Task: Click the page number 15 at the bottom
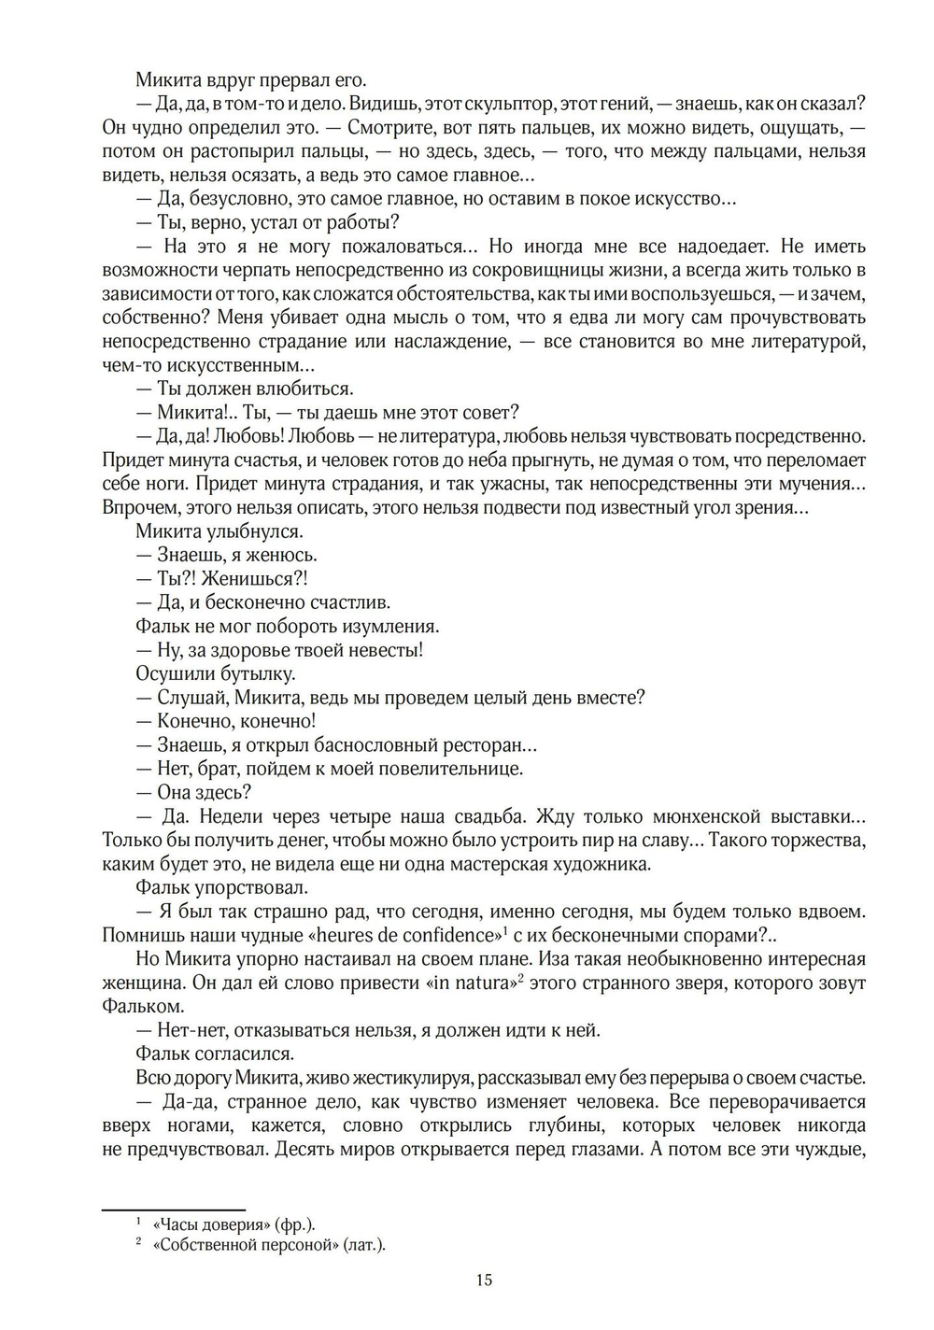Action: [x=484, y=1280]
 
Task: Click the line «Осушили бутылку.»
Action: [x=216, y=673]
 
